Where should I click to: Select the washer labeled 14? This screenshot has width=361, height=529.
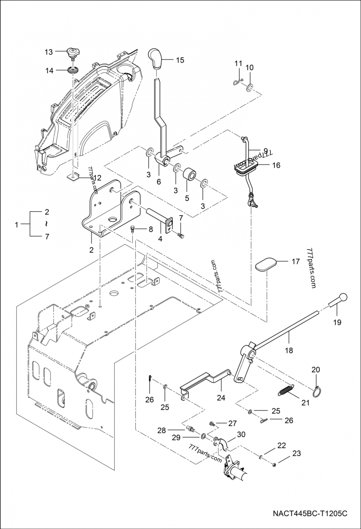click(x=72, y=70)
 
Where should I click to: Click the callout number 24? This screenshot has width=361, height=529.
click(x=221, y=399)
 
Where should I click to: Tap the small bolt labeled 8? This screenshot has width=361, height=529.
click(x=133, y=229)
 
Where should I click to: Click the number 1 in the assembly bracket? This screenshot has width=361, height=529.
click(x=16, y=224)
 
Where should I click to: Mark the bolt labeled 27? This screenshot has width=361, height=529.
click(x=212, y=424)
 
